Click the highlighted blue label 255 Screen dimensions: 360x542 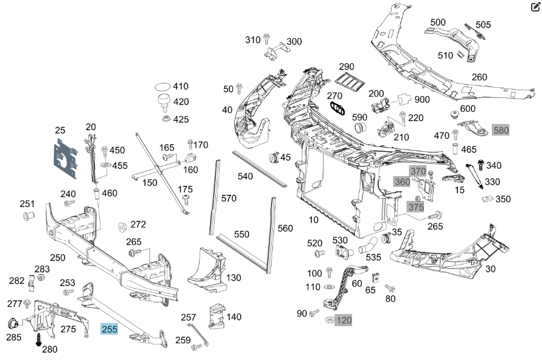[109, 330]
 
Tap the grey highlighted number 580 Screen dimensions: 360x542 [501, 130]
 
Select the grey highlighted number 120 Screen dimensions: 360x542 [343, 319]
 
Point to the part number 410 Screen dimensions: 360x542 [181, 87]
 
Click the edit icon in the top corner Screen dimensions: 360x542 [535, 7]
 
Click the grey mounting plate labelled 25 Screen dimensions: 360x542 [65, 159]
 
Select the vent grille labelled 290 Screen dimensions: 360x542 [350, 82]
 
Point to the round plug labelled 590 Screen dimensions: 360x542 [361, 127]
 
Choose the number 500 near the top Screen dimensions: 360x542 [438, 22]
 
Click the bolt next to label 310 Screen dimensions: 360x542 [266, 39]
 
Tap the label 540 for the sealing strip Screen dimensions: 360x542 [245, 177]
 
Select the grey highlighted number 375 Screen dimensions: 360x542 [416, 207]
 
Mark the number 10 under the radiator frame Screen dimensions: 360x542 [313, 219]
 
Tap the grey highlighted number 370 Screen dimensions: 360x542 [418, 171]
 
